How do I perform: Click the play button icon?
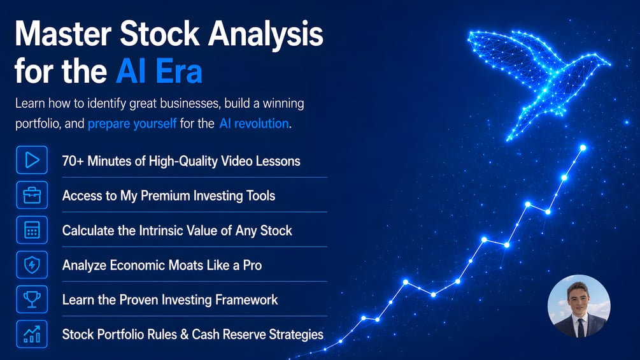(32, 160)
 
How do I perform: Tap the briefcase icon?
(32, 195)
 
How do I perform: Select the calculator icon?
(32, 230)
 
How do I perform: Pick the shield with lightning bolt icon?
(32, 265)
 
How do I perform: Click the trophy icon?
(32, 299)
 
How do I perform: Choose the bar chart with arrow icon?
(32, 335)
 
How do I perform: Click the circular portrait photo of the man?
(579, 306)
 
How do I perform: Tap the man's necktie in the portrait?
(580, 328)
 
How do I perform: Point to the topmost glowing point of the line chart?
(583, 148)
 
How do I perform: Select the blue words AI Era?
(159, 71)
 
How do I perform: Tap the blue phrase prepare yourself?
(132, 123)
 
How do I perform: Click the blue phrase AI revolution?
(254, 123)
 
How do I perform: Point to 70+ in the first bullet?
(73, 161)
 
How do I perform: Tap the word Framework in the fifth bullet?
(246, 300)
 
